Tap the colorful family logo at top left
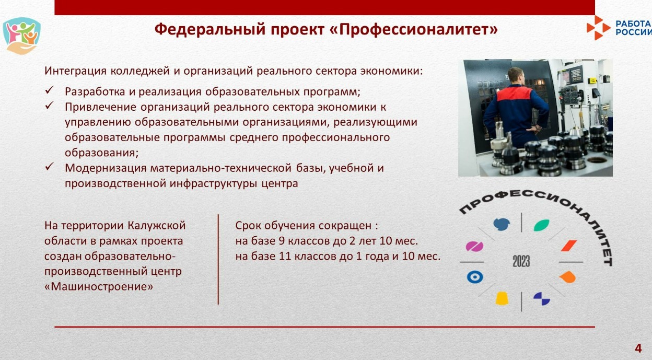tap(21, 36)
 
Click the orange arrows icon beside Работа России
tap(598, 28)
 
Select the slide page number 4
tap(638, 348)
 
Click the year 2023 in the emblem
tap(521, 261)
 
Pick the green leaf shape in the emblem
tap(541, 225)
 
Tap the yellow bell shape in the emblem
tap(502, 298)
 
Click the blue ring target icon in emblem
tap(475, 277)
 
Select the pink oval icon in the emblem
tap(474, 246)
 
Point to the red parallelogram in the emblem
tap(569, 246)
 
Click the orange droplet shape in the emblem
tap(567, 277)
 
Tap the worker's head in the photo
tap(516, 76)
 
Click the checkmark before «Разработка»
tap(49, 90)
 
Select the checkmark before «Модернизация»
tap(49, 167)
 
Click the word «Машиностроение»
tap(99, 287)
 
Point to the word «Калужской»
tap(157, 226)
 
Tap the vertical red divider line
tap(218, 259)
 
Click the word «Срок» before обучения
tap(248, 226)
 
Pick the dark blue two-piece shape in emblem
tap(541, 298)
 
